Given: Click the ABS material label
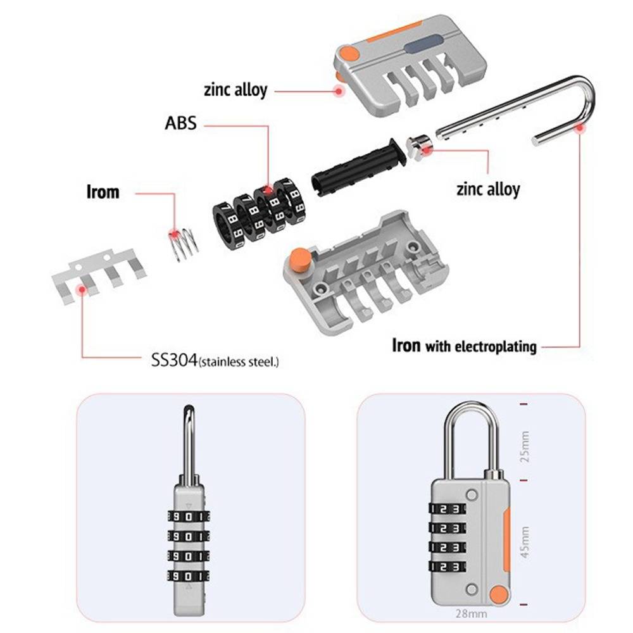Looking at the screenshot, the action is click(x=180, y=123).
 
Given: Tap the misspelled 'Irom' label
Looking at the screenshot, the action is click(x=103, y=192).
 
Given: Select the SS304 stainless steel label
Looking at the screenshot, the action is click(x=215, y=360).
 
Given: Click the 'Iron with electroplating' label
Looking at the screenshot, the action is click(x=464, y=346).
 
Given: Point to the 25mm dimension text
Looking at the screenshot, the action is click(x=524, y=446).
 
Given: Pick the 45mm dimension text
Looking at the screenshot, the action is click(x=524, y=542).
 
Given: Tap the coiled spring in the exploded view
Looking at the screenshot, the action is click(x=184, y=243).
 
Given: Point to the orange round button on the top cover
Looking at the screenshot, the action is click(x=349, y=53).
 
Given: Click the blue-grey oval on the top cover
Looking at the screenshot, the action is click(x=423, y=44).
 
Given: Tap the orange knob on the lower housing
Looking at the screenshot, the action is click(x=299, y=259).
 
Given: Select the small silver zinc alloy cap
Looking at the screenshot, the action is click(x=419, y=146).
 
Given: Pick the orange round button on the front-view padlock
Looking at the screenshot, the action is click(x=498, y=595).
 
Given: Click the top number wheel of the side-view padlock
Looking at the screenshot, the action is click(x=189, y=517).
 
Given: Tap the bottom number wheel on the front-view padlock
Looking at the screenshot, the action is click(x=448, y=567).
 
